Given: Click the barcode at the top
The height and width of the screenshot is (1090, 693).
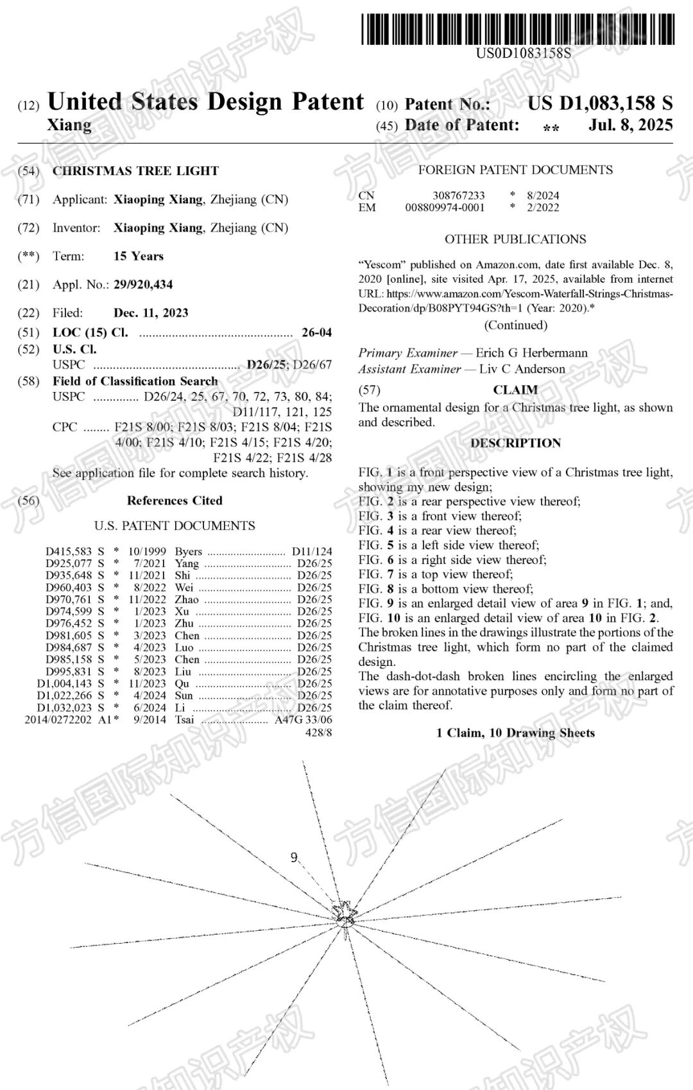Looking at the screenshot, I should pos(518,29).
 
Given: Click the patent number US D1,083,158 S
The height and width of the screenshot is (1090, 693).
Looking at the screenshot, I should pos(600,103).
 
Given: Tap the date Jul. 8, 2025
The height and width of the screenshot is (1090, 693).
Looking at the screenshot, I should pos(630,125).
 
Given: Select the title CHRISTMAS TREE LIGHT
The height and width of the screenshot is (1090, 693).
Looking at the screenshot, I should pos(135,171).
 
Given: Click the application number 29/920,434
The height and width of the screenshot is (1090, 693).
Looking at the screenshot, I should pos(143,284).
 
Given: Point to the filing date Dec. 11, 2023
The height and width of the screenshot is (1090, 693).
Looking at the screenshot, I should pos(151,313).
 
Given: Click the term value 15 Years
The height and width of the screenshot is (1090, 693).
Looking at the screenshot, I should pos(139,256).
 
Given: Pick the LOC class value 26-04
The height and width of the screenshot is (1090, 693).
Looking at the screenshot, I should pos(317,332).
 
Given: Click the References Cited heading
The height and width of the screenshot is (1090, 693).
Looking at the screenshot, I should pos(175,501).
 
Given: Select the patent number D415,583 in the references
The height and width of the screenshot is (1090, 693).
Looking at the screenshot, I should pos(69,551).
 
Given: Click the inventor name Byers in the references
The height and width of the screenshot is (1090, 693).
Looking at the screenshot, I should pos(188,551).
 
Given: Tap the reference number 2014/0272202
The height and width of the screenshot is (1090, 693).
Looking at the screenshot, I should pos(58,720).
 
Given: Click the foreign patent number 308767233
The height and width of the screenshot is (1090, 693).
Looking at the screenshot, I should pos(458,195).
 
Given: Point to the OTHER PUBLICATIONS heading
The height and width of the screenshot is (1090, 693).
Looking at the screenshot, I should pos(515,239).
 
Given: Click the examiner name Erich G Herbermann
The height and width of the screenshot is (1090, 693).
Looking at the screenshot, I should pos(531,353).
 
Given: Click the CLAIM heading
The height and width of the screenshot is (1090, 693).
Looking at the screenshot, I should pos(515,390).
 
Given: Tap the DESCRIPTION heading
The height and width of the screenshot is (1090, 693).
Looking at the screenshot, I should pos(515,443).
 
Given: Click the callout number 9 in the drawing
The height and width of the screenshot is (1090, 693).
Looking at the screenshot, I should pos(294,857).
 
